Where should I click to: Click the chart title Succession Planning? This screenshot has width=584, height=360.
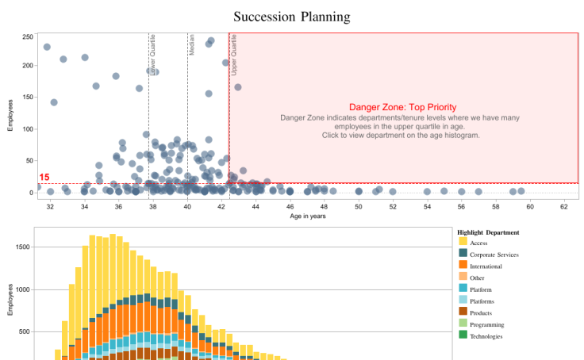click(x=292, y=17)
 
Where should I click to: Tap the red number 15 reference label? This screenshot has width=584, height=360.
click(x=44, y=178)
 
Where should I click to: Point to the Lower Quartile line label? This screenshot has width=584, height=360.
click(x=152, y=56)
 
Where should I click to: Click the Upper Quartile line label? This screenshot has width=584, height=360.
click(x=233, y=56)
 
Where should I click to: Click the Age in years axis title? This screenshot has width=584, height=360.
click(x=307, y=216)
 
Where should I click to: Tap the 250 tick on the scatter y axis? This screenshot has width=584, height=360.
click(x=28, y=36)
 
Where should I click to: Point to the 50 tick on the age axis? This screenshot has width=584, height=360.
click(x=358, y=206)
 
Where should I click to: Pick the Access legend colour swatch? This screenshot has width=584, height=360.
click(x=463, y=243)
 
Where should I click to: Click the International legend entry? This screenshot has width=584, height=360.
click(x=486, y=266)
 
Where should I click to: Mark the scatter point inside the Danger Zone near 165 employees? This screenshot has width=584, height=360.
click(x=238, y=87)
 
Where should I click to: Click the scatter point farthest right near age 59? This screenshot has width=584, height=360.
click(x=521, y=191)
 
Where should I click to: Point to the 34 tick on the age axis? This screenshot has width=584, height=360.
click(x=84, y=206)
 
